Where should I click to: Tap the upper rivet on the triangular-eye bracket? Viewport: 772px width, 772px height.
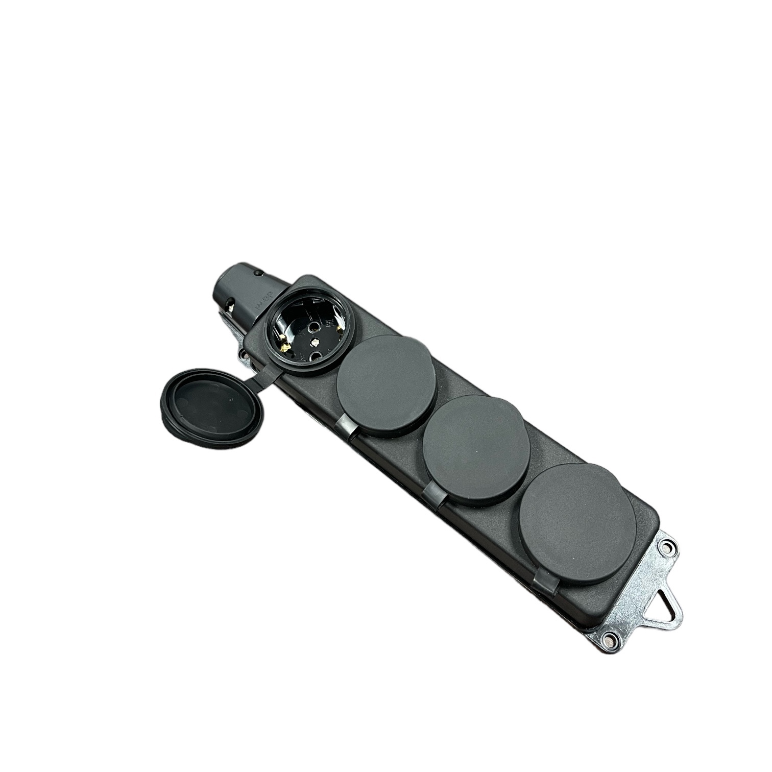coord(666,547)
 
